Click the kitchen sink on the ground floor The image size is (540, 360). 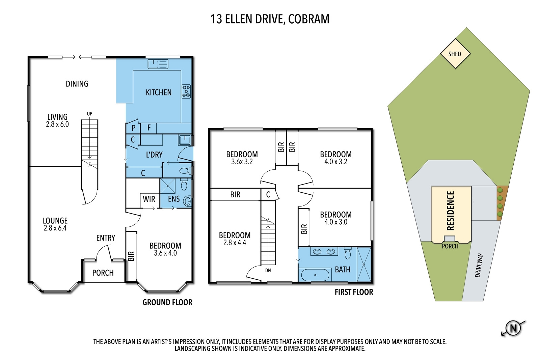point(158,64)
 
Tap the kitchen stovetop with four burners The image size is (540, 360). point(186,91)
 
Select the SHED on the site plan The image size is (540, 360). point(455,54)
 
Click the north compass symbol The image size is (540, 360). point(513,328)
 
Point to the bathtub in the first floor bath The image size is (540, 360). point(315,275)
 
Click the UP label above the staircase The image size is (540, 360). point(89,114)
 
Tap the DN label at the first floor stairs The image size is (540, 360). point(268,270)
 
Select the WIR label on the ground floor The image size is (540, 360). point(149,199)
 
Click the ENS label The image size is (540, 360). point(174,199)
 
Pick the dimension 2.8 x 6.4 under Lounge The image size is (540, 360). point(55,228)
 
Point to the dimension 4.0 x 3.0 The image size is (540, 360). point(336,222)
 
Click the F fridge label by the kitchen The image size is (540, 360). point(149,128)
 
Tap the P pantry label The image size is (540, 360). point(134,128)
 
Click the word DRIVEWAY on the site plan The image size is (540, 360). point(479,265)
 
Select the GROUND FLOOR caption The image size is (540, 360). point(167,302)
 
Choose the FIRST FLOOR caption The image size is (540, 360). point(354,292)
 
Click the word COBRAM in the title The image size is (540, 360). point(309,19)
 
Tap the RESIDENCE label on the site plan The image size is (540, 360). point(451,211)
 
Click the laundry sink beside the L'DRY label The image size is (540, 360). point(185,140)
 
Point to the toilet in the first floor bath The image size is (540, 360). point(348,253)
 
